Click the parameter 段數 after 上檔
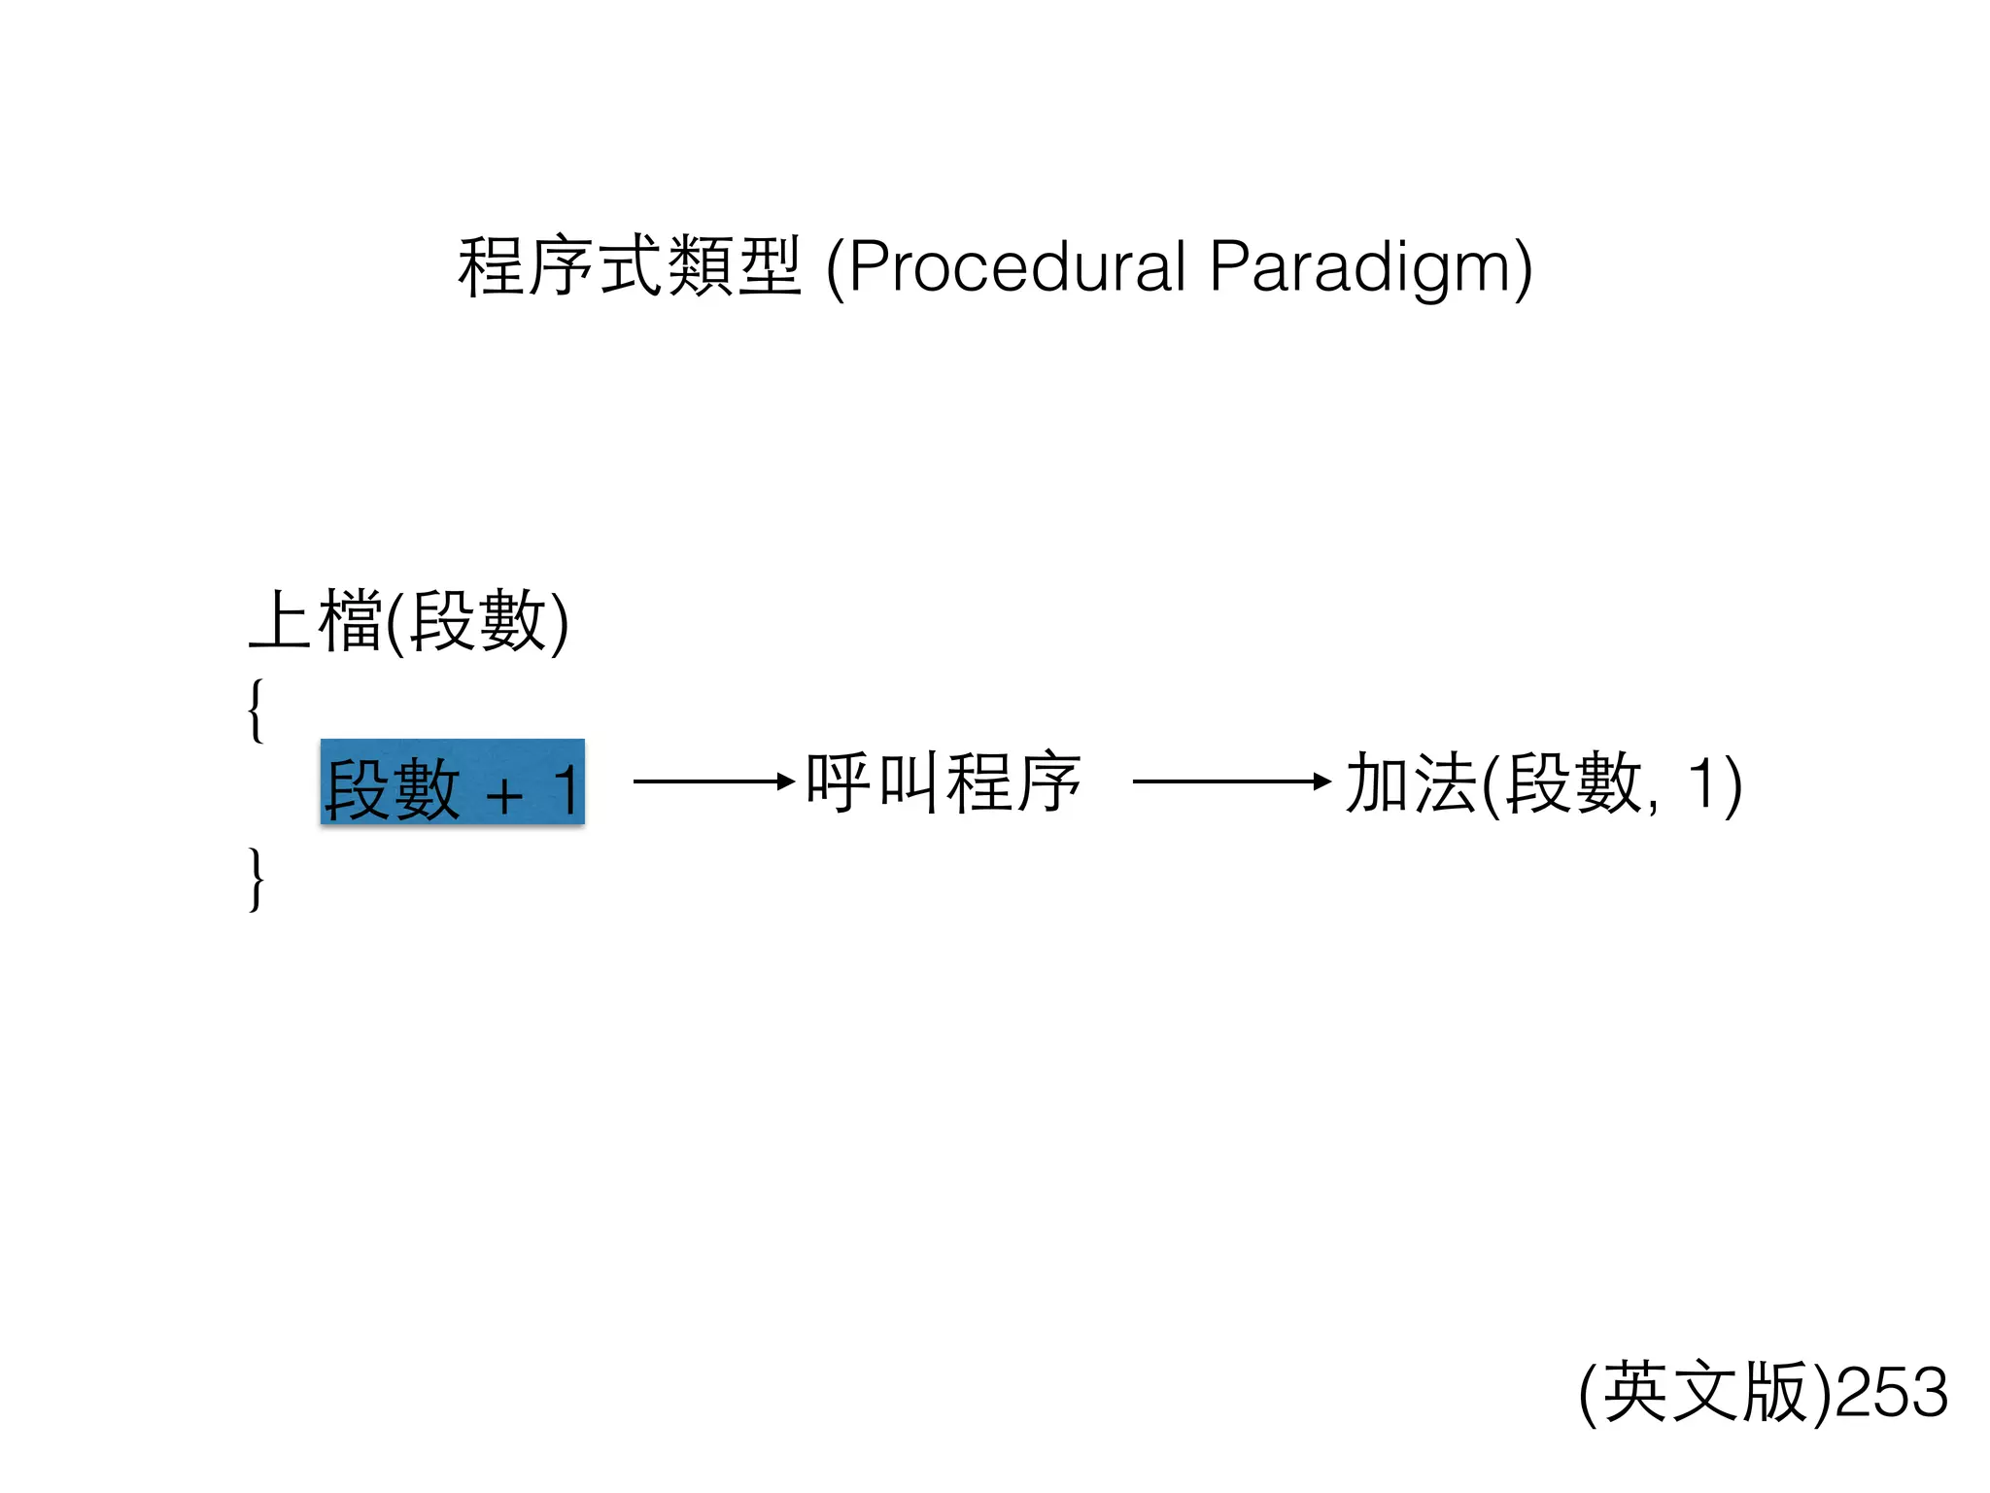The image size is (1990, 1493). [477, 621]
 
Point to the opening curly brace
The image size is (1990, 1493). [256, 711]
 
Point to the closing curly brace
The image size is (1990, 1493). [256, 879]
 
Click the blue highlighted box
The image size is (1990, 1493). [453, 782]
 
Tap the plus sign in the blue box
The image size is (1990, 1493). [504, 795]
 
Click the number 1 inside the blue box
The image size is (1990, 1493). [566, 789]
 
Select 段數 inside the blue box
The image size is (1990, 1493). [392, 789]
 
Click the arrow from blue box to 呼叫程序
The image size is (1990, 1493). [713, 781]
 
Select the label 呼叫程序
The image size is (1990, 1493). [944, 782]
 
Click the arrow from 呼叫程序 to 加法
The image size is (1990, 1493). [1231, 781]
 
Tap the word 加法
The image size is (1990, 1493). [1411, 783]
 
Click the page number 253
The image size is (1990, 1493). [1892, 1392]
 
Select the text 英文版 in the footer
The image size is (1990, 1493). [1705, 1392]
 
